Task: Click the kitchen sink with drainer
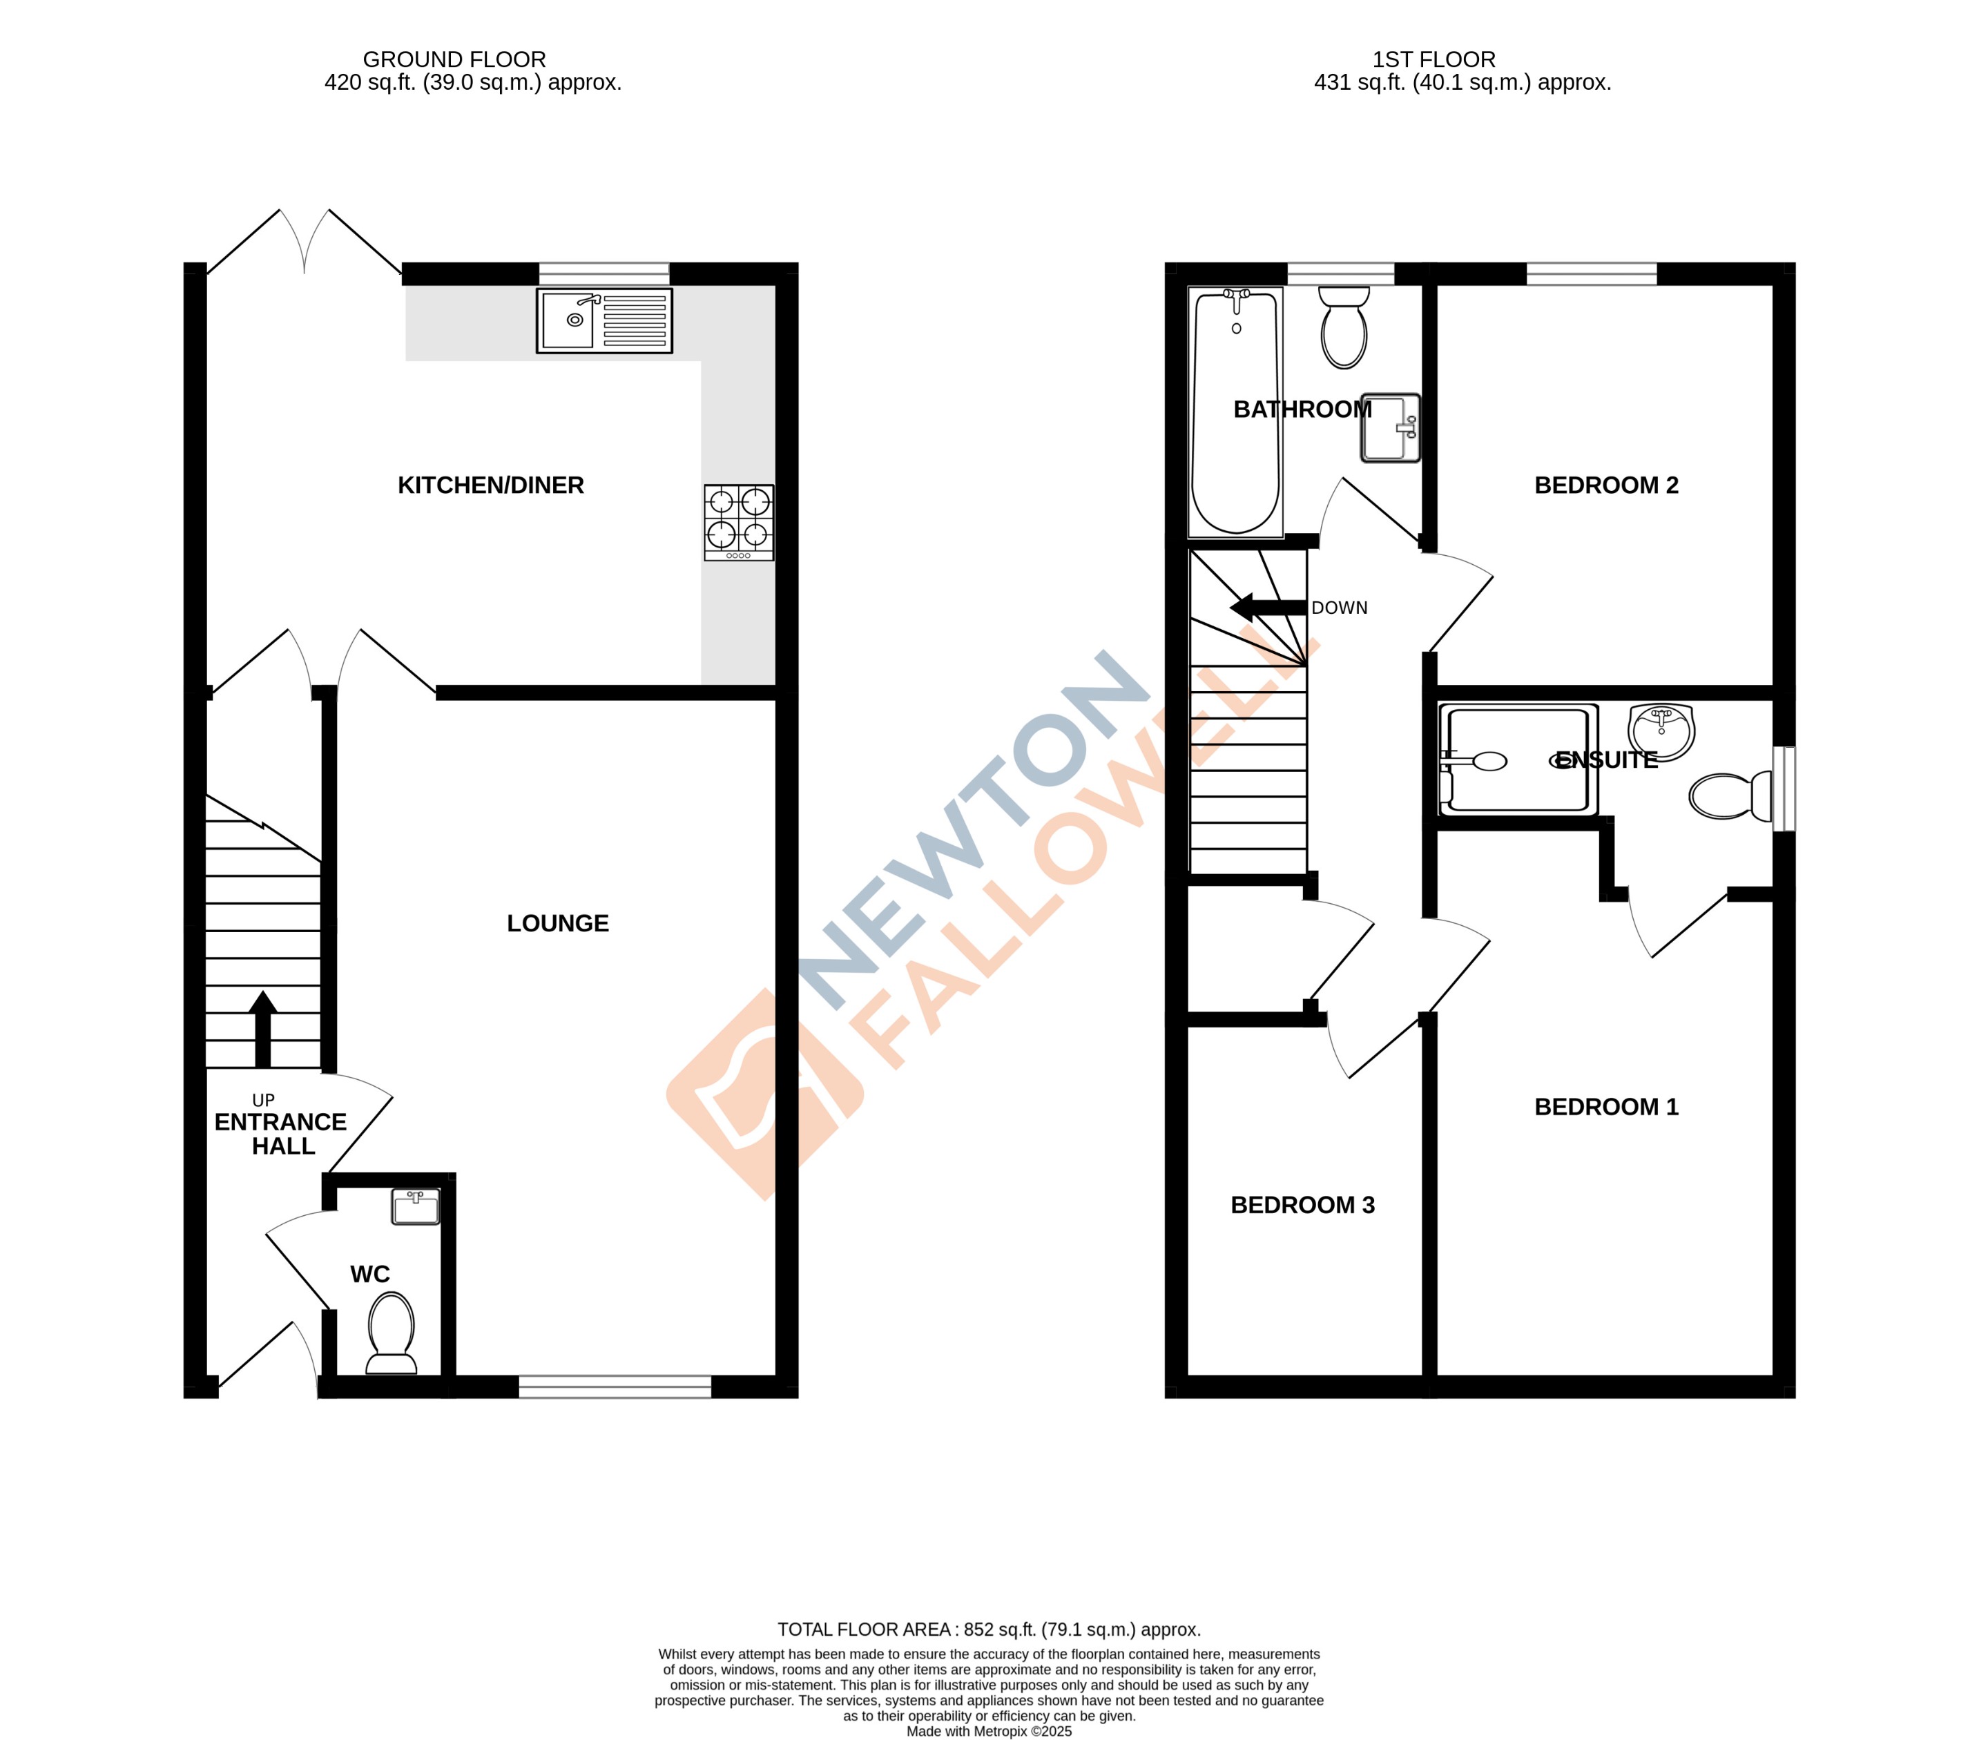(x=604, y=320)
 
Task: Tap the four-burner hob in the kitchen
(x=739, y=522)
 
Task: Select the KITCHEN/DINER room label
(x=491, y=486)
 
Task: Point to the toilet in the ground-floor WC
(x=391, y=1333)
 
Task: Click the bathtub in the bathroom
(x=1235, y=412)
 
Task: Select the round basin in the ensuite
(x=1661, y=732)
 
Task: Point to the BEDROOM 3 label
(x=1302, y=1206)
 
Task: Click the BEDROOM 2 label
(x=1606, y=486)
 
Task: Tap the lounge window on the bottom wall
(x=615, y=1386)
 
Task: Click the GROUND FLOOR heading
(x=454, y=60)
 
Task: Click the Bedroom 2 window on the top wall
(x=1592, y=274)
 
